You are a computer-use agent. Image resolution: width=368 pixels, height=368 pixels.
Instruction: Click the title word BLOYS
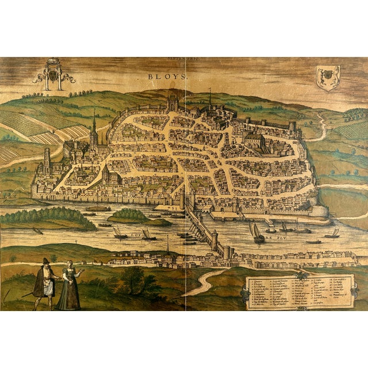coord(163,75)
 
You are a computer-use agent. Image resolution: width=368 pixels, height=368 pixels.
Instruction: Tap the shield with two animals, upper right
coord(328,76)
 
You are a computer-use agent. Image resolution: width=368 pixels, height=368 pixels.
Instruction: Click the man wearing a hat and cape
coord(43,283)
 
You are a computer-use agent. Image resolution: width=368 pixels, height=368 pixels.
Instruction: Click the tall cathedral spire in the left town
coord(94,129)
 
